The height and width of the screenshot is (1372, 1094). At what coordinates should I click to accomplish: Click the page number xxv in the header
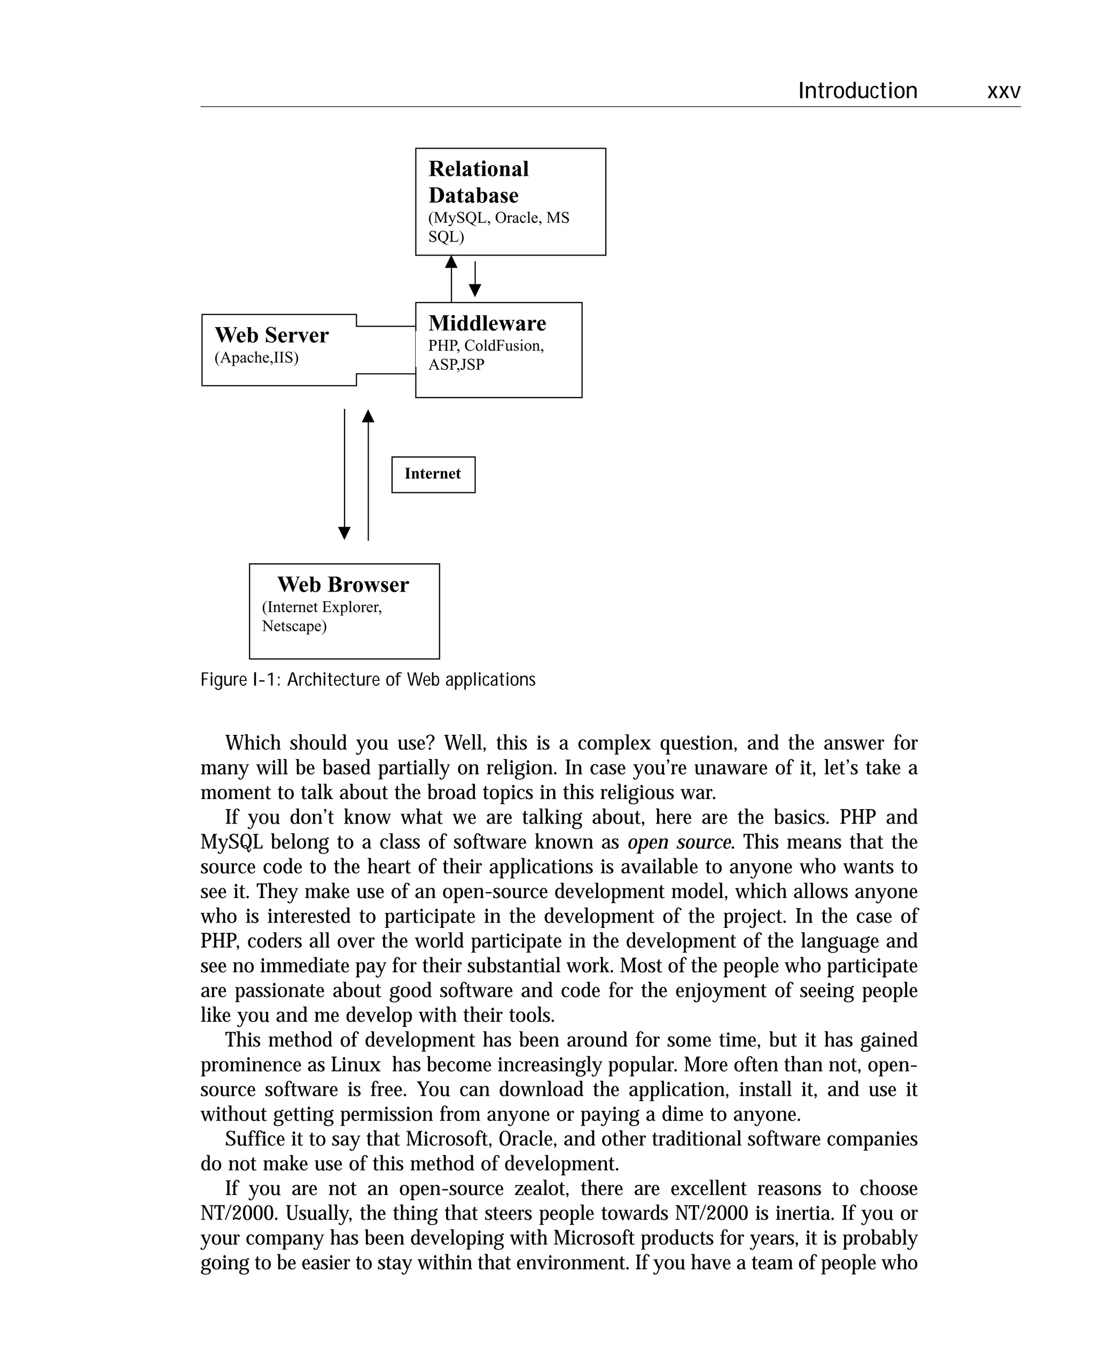[1003, 91]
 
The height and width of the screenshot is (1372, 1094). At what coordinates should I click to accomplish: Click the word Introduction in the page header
[857, 91]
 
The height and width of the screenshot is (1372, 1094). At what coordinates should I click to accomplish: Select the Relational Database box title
[478, 182]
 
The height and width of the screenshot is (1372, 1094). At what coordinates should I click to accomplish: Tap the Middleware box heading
[487, 323]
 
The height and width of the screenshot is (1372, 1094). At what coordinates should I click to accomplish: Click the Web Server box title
[271, 335]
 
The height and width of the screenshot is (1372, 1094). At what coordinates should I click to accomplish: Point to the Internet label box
[433, 474]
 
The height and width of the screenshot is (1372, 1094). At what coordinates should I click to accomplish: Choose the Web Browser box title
[343, 584]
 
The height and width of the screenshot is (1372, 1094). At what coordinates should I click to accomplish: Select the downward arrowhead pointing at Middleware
[474, 290]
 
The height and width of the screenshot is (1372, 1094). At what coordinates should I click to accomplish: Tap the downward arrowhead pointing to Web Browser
[344, 533]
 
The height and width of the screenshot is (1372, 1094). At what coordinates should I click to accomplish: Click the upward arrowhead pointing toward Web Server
[368, 416]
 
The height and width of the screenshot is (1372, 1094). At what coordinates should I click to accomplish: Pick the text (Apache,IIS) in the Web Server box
[256, 358]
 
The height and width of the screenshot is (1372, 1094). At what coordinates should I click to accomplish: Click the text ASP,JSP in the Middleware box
[456, 365]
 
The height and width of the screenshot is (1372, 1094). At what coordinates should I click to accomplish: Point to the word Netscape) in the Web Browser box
[294, 626]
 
